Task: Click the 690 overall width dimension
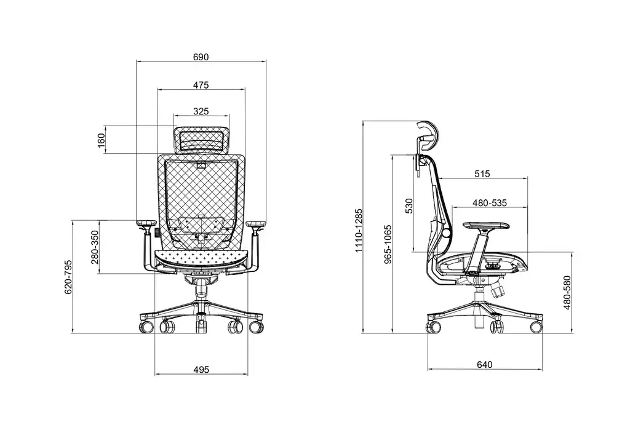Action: pos(201,57)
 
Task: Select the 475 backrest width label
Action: pos(201,85)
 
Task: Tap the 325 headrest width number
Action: pos(201,111)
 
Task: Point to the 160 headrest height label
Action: pos(102,140)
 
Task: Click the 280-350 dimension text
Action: pos(95,247)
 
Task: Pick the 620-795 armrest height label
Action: pos(69,277)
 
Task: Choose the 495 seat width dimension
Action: pos(201,370)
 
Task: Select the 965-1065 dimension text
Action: pos(388,245)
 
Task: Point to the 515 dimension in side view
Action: pos(482,174)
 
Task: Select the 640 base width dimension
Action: pos(484,365)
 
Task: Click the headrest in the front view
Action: pos(201,139)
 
